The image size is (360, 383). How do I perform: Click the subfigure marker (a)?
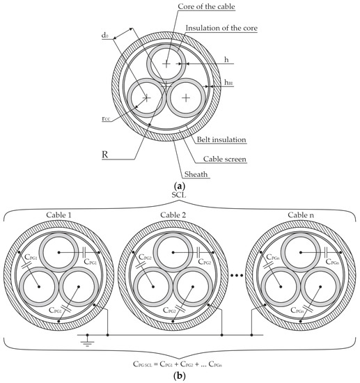[x=180, y=187]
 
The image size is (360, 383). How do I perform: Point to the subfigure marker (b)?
[x=180, y=376]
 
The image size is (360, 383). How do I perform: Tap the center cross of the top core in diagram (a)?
[x=166, y=64]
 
